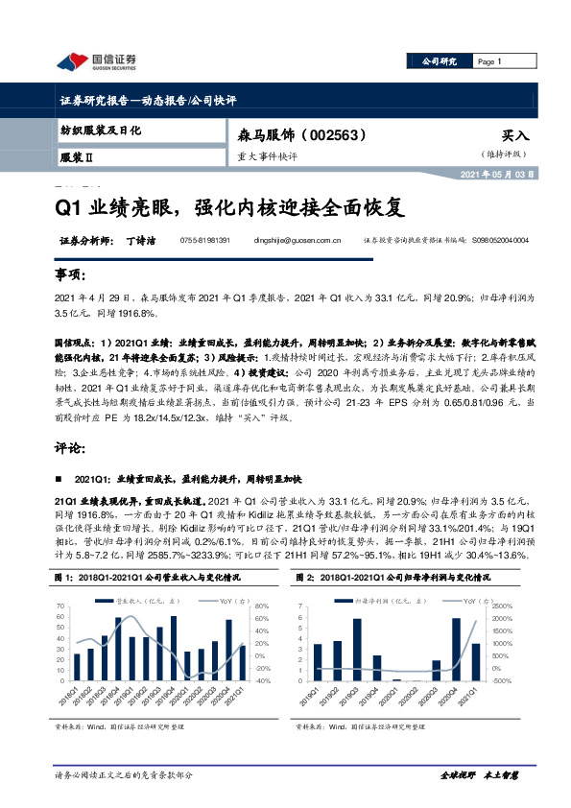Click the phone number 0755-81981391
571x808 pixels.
tap(205, 241)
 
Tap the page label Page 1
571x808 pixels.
tap(490, 61)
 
